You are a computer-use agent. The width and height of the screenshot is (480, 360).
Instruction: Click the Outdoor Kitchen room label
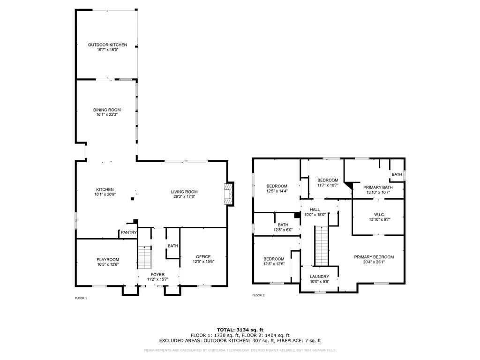107,45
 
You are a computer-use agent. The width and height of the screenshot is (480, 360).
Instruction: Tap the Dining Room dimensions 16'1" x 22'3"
107,114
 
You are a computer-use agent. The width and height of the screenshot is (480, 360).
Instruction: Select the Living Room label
184,192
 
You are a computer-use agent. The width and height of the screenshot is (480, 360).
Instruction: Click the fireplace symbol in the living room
228,195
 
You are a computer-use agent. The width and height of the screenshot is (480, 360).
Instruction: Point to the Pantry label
128,232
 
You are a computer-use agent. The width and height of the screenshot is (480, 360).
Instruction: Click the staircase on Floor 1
145,257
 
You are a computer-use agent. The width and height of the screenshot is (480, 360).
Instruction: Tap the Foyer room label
157,275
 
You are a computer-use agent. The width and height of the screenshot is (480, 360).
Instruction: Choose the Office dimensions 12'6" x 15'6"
203,262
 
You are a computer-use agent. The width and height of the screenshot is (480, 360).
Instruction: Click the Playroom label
108,260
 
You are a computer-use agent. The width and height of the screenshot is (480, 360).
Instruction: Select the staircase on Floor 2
322,246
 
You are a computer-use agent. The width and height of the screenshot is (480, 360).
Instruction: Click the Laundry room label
319,277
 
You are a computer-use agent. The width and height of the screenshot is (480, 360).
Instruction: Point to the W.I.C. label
380,215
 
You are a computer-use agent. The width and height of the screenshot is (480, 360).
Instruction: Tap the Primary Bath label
378,187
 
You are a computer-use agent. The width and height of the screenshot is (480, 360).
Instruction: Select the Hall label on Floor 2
315,210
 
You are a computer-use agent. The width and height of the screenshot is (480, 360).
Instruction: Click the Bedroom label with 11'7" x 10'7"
328,180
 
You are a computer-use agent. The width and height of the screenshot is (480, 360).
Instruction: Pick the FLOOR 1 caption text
81,298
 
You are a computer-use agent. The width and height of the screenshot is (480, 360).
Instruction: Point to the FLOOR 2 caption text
258,295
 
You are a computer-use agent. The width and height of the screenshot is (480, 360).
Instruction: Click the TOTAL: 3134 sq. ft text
240,330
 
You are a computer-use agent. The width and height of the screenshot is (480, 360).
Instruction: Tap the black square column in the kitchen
133,199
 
